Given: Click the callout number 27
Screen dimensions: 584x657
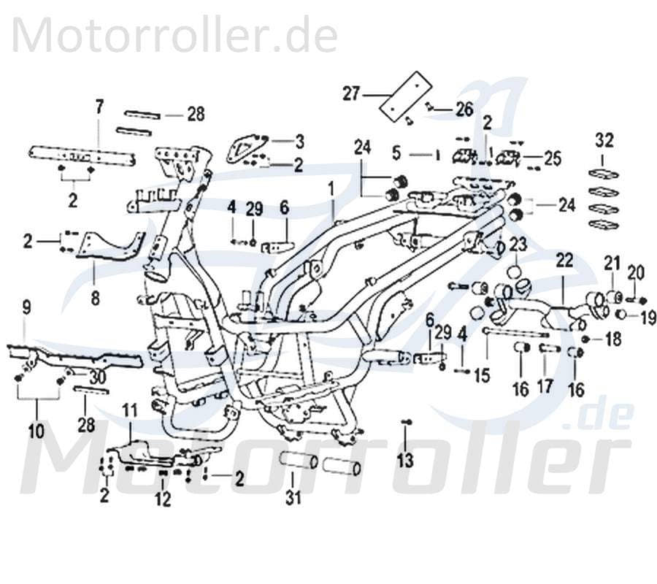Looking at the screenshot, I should click(352, 94).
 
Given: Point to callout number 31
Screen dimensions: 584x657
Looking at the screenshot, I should click(293, 499).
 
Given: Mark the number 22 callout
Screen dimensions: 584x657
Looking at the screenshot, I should click(565, 259).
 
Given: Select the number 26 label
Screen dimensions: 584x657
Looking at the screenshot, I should click(464, 109).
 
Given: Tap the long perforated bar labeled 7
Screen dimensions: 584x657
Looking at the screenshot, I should click(82, 155).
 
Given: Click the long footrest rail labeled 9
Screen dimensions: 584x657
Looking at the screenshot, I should click(66, 357).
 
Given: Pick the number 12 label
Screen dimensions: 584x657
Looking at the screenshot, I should click(162, 499).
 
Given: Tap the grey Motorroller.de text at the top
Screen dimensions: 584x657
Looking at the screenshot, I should click(175, 34).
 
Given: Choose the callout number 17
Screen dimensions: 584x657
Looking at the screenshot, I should click(546, 385).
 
